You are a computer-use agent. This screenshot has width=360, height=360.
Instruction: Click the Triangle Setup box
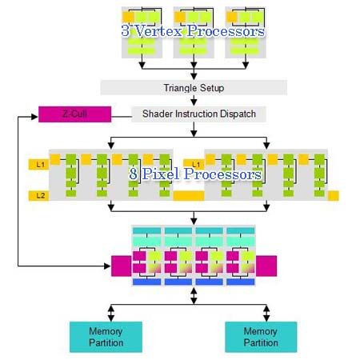[194, 87]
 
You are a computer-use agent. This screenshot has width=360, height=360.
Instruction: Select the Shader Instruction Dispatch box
[198, 114]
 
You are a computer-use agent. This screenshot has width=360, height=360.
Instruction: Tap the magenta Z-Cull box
[74, 114]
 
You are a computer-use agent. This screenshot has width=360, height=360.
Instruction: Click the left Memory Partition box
[106, 337]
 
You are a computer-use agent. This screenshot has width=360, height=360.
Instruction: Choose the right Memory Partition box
[261, 337]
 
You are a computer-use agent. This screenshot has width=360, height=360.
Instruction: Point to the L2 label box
[38, 196]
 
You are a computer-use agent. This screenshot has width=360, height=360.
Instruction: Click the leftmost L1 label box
[38, 165]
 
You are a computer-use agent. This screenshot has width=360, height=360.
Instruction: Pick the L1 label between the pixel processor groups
[194, 164]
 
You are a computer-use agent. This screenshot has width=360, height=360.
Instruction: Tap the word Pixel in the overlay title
[161, 174]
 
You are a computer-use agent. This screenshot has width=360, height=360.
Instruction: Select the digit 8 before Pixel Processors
[134, 174]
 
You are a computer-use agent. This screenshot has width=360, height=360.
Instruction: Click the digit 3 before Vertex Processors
[126, 30]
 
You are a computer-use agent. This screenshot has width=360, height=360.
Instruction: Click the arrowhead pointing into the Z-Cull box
[34, 117]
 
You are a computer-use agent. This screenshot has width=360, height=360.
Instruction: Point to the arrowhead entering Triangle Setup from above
[194, 76]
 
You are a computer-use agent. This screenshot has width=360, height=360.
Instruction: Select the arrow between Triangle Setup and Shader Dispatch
[194, 101]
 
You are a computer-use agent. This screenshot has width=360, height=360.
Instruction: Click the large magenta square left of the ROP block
[122, 266]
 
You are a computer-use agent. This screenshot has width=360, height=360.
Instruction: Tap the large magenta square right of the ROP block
[266, 266]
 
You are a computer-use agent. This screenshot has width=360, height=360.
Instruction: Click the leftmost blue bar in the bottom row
[146, 282]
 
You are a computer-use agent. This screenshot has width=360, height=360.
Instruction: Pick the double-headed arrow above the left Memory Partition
[111, 313]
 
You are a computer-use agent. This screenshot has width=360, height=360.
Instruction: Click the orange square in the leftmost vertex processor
[128, 17]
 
